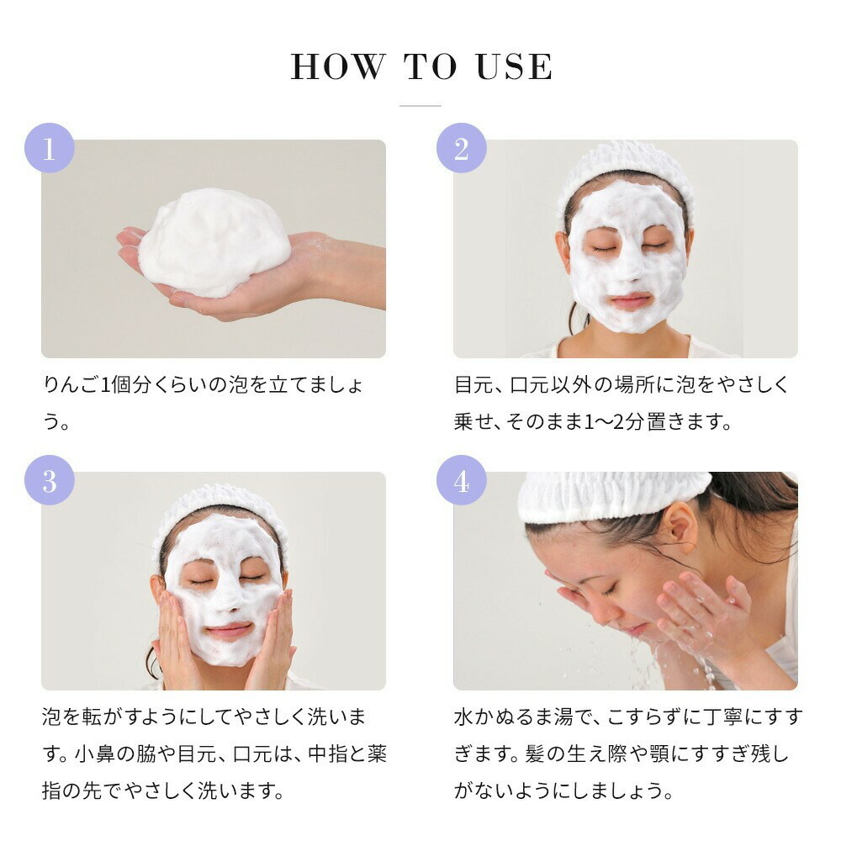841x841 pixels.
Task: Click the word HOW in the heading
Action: [x=338, y=66]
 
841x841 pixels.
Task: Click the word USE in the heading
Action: [x=514, y=66]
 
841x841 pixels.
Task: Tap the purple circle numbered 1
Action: [x=50, y=148]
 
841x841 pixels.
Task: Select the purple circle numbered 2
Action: [x=461, y=148]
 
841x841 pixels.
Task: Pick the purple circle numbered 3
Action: [x=50, y=480]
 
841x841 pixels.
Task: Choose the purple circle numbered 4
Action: [x=461, y=480]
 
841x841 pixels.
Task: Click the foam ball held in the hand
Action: [x=214, y=242]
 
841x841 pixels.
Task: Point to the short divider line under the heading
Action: [x=420, y=106]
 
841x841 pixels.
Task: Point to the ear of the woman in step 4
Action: [x=680, y=529]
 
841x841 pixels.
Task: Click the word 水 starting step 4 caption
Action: [x=464, y=717]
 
